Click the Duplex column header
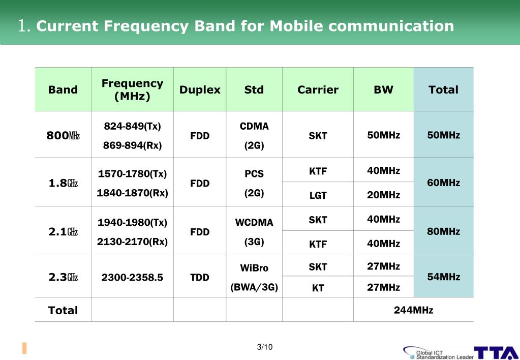pyautogui.click(x=200, y=90)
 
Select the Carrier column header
pyautogui.click(x=318, y=90)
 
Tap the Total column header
pyautogui.click(x=443, y=90)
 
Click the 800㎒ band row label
pyautogui.click(x=63, y=136)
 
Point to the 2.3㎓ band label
pyautogui.click(x=63, y=277)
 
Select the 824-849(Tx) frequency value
pyautogui.click(x=132, y=126)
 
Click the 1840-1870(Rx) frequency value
pyautogui.click(x=132, y=193)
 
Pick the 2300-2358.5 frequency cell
pyautogui.click(x=132, y=277)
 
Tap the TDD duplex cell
pyautogui.click(x=200, y=277)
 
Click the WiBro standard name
pyautogui.click(x=254, y=268)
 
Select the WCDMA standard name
pyautogui.click(x=254, y=223)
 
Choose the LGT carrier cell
pyautogui.click(x=318, y=195)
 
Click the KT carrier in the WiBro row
pyautogui.click(x=318, y=288)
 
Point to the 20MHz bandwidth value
pyautogui.click(x=383, y=195)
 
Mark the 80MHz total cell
pyautogui.click(x=443, y=232)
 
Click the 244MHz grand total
pyautogui.click(x=413, y=310)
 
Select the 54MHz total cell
pyautogui.click(x=443, y=277)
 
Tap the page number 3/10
pyautogui.click(x=265, y=347)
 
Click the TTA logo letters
pyautogui.click(x=496, y=353)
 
